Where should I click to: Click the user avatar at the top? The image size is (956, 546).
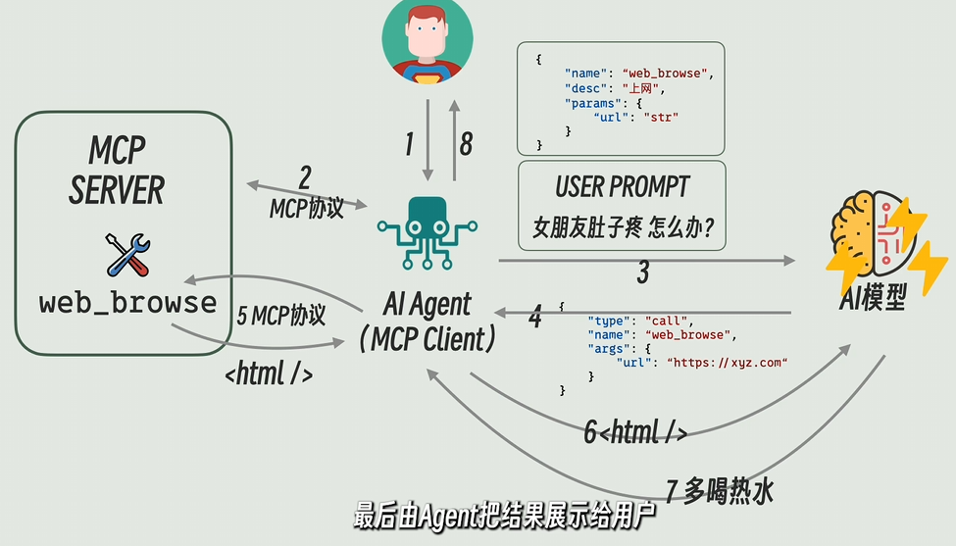tap(427, 39)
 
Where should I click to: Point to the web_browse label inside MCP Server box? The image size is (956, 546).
tap(127, 302)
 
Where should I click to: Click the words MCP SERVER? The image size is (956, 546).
tap(117, 171)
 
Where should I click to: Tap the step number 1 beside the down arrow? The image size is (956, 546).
tap(409, 145)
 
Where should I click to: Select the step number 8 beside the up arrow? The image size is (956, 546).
tap(466, 145)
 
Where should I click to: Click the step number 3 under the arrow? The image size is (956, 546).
tap(643, 273)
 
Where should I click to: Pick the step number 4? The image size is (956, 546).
tap(534, 317)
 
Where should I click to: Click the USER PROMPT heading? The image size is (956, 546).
tap(622, 186)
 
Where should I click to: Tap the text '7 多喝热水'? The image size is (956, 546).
tap(720, 490)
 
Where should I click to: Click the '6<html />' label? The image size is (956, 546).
tap(635, 431)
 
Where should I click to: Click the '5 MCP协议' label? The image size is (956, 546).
tap(281, 316)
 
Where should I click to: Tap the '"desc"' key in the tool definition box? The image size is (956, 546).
tap(584, 89)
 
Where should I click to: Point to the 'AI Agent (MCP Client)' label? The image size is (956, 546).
tap(427, 322)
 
